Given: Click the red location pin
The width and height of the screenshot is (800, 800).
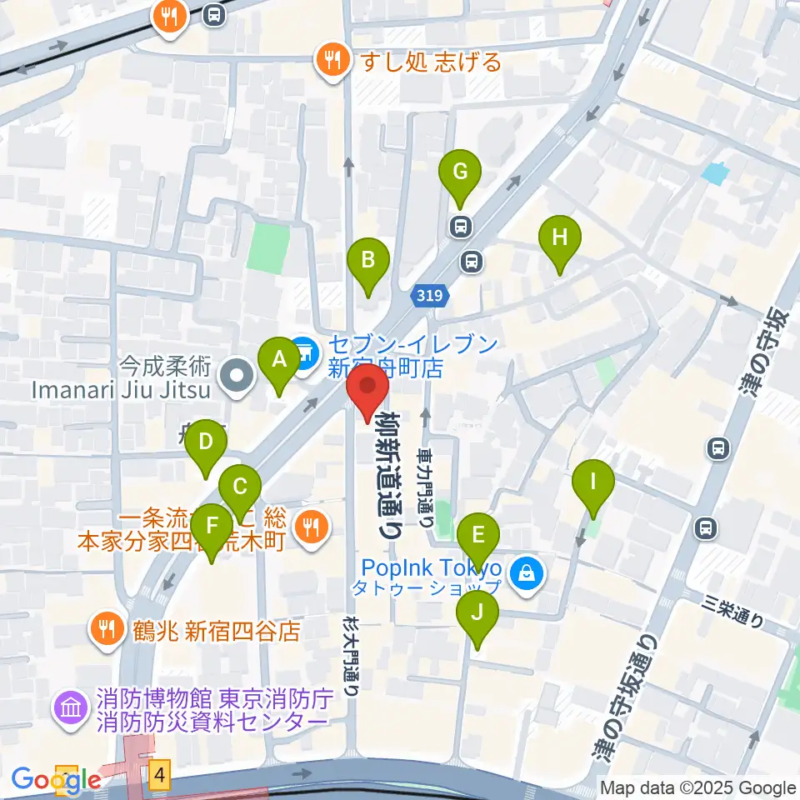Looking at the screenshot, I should pyautogui.click(x=367, y=392).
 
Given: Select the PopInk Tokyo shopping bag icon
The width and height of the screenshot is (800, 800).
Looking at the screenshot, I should pyautogui.click(x=527, y=573).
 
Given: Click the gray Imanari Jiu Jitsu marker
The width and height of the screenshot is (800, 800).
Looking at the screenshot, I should pyautogui.click(x=237, y=376).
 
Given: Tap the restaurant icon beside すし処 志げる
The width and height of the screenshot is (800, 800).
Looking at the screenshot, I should pyautogui.click(x=333, y=60).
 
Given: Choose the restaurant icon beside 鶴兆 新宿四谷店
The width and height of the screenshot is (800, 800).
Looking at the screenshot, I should pyautogui.click(x=107, y=627).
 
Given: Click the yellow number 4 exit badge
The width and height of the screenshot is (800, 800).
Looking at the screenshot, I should pyautogui.click(x=161, y=777).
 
